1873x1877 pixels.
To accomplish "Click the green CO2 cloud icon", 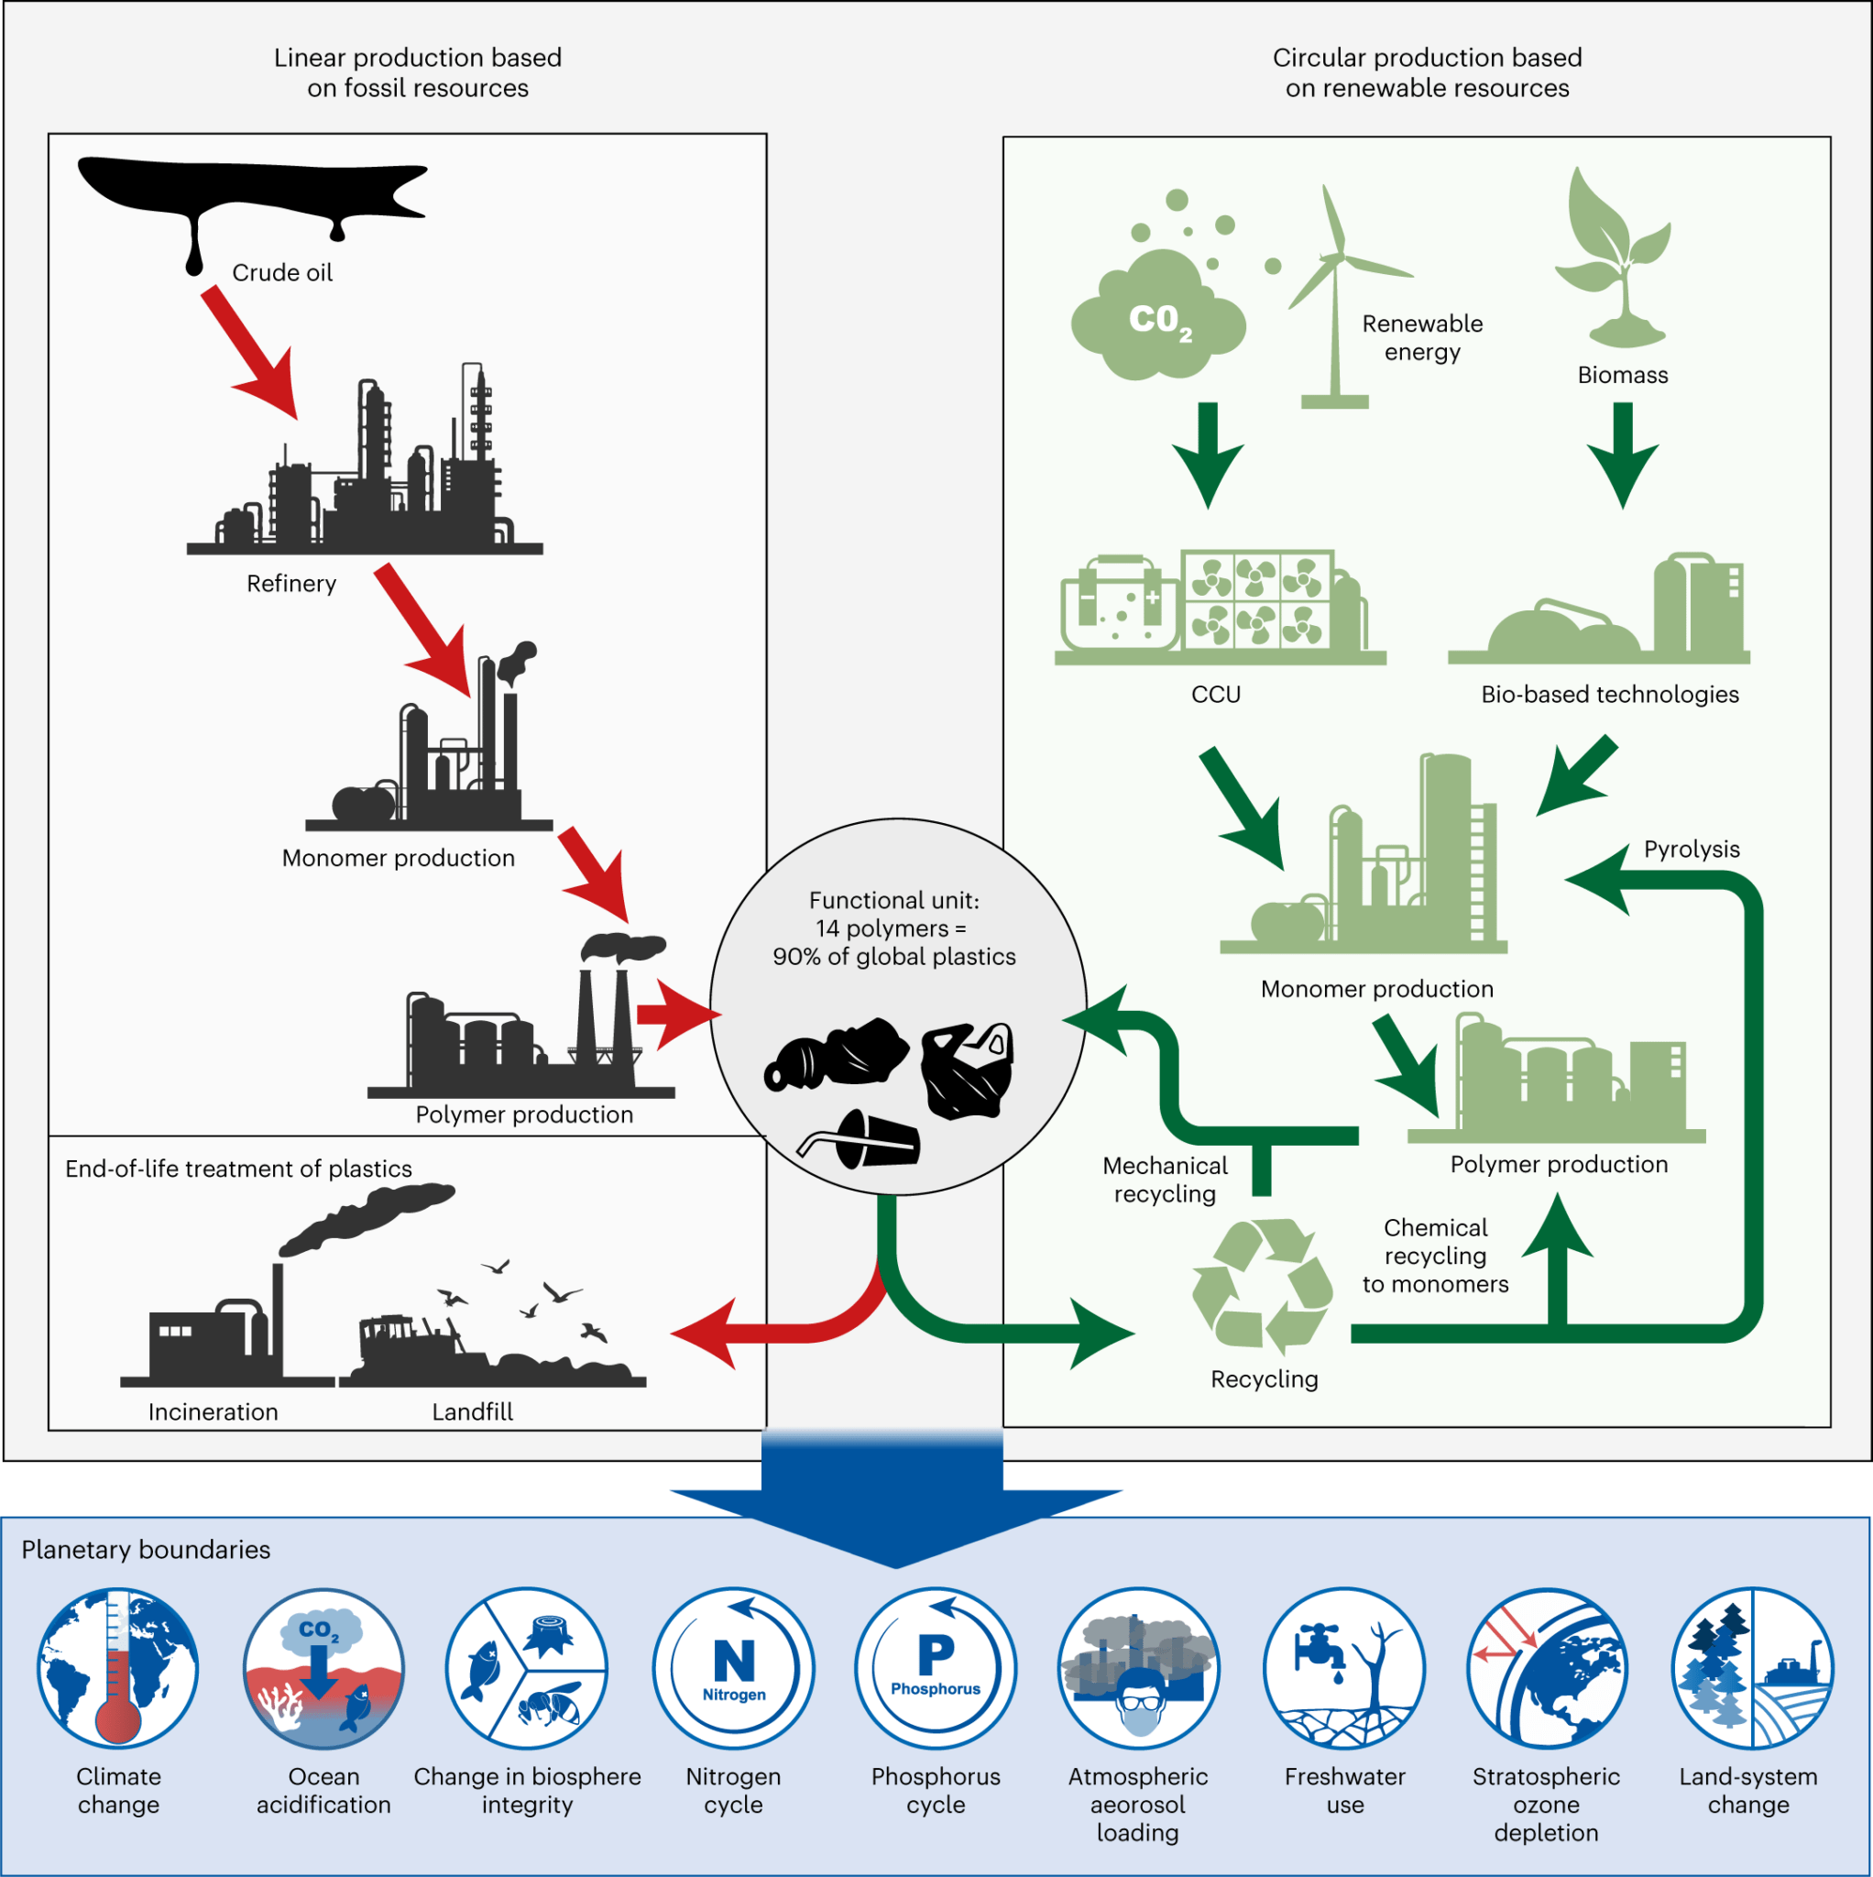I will point(1156,316).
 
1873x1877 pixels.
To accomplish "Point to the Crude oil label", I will point(281,273).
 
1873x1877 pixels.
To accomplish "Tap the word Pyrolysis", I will point(1692,849).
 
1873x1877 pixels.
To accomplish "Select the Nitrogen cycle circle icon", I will point(733,1669).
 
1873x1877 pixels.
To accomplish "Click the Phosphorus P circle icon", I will point(936,1669).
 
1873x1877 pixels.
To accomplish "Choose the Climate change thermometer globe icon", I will point(117,1669).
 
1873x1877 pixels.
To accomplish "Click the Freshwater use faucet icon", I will point(1344,1669).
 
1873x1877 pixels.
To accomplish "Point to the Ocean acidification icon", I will point(323,1669).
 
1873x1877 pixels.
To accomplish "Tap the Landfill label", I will point(472,1411).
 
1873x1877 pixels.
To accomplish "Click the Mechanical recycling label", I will point(1165,1180).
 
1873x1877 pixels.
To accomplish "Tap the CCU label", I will point(1215,695).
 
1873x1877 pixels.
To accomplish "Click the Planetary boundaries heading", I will point(146,1550).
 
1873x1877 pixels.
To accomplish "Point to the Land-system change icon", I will point(1751,1669).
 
